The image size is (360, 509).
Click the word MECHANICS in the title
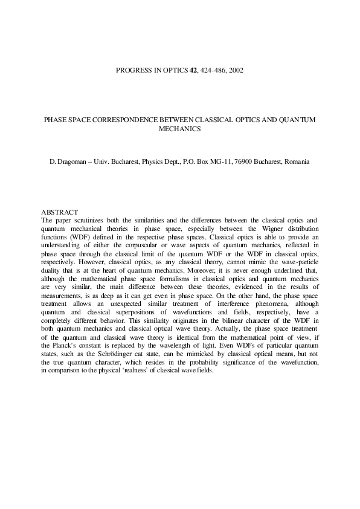(x=179, y=129)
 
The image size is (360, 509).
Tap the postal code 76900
(x=240, y=163)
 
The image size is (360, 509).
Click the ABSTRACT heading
(x=59, y=212)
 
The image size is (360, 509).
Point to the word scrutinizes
(x=91, y=221)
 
